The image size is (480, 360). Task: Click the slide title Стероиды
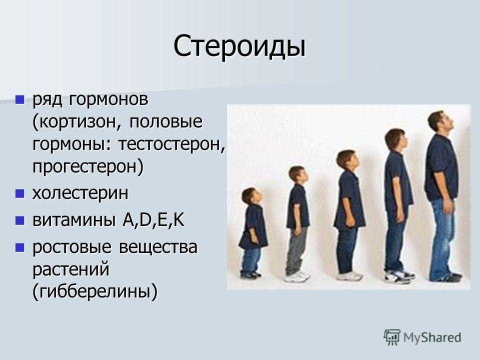(239, 47)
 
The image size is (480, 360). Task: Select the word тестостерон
(169, 144)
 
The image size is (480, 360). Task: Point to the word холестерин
(80, 193)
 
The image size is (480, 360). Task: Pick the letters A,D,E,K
(153, 220)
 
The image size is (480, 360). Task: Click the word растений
(70, 269)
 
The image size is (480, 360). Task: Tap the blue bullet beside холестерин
(20, 193)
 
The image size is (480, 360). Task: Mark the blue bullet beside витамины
(20, 220)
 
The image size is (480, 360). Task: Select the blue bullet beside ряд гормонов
(20, 100)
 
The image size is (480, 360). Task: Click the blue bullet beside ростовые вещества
(20, 247)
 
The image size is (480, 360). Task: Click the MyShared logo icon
(392, 337)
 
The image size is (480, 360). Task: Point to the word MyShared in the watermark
(432, 337)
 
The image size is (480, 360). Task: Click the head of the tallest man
(440, 123)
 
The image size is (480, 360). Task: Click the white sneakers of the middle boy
(349, 276)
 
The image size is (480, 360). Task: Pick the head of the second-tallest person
(396, 140)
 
